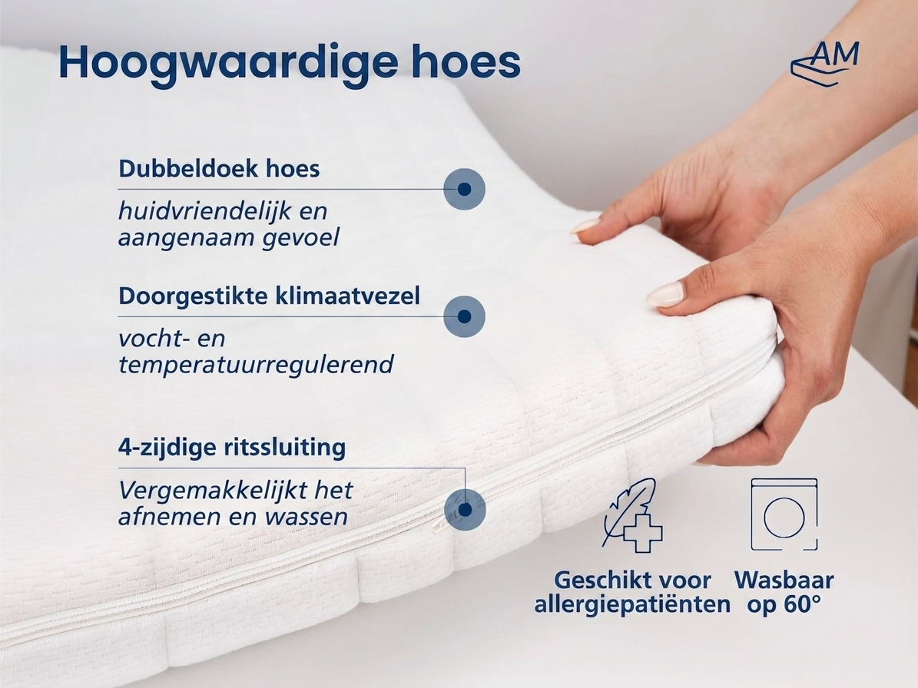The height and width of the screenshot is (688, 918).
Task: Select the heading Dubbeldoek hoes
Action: [219, 168]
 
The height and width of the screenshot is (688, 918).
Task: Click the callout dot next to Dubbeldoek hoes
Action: [464, 189]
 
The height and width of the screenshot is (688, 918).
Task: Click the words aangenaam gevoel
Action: [229, 238]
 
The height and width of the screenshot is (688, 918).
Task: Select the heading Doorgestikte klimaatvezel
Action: [270, 296]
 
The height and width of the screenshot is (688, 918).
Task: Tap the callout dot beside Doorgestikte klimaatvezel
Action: [464, 316]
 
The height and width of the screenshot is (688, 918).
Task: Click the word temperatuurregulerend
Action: [256, 365]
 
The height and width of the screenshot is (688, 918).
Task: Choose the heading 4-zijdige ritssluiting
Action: [232, 448]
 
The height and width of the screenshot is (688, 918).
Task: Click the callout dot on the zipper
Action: [465, 510]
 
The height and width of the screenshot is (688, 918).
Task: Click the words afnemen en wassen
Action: [233, 517]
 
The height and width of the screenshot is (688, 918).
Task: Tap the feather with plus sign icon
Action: [631, 515]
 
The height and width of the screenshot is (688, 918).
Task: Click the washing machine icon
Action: [784, 514]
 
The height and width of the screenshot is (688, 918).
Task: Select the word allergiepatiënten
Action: [632, 604]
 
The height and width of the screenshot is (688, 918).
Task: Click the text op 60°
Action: [784, 604]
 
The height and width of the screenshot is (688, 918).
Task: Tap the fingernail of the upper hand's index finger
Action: [585, 227]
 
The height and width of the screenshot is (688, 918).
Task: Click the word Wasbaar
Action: [784, 580]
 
